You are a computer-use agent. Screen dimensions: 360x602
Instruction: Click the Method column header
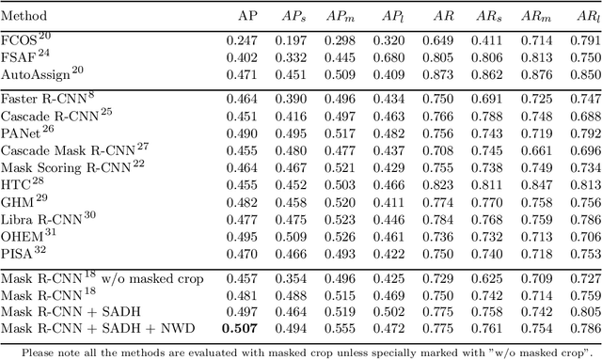pos(25,16)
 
